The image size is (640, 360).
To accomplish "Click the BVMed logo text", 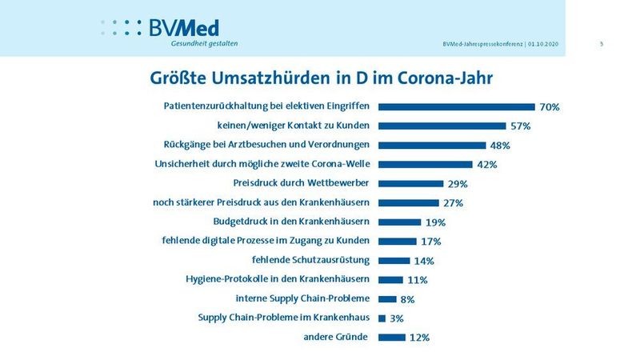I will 183,27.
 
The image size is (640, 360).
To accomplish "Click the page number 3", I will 601,43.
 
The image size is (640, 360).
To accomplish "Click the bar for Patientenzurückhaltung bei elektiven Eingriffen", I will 456,106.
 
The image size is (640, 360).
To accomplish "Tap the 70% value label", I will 549,107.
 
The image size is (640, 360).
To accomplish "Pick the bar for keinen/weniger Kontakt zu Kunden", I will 442,126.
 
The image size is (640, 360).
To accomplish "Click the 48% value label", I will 500,146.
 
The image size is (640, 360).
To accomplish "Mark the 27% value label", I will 453,203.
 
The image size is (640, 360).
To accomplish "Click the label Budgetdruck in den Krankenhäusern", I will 291,222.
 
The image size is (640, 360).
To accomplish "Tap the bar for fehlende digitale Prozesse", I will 397,241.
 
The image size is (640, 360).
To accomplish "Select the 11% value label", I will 417,280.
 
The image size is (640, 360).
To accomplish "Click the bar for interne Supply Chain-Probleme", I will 387,298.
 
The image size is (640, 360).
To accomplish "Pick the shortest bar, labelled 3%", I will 382,318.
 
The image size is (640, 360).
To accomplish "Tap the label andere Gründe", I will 335,337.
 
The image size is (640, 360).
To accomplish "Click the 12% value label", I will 419,338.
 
